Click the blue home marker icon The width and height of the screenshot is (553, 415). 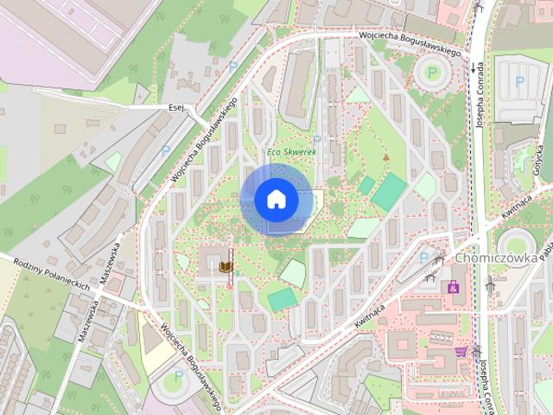pyautogui.click(x=276, y=200)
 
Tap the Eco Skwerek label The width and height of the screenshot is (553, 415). pyautogui.click(x=291, y=153)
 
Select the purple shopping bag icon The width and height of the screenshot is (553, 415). pyautogui.click(x=453, y=286)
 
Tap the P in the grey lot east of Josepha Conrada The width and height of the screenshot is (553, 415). pyautogui.click(x=519, y=82)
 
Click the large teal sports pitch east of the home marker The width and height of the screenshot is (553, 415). pyautogui.click(x=389, y=191)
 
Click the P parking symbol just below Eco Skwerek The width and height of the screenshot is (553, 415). pyautogui.click(x=316, y=139)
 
